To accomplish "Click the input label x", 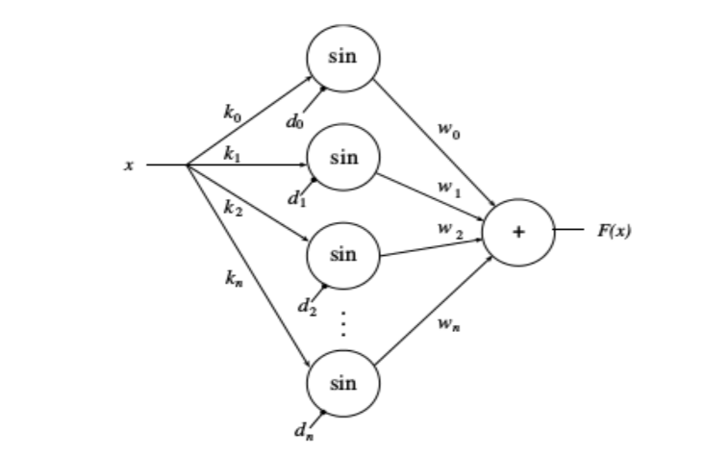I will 128,165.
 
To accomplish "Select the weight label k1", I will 232,152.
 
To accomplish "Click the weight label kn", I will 231,279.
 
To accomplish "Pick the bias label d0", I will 293,122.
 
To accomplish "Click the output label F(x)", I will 614,232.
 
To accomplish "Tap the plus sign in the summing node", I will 519,232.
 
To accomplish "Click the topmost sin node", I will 343,56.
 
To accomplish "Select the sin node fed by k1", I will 343,158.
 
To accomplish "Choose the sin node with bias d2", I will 343,255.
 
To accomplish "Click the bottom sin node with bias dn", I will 343,384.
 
